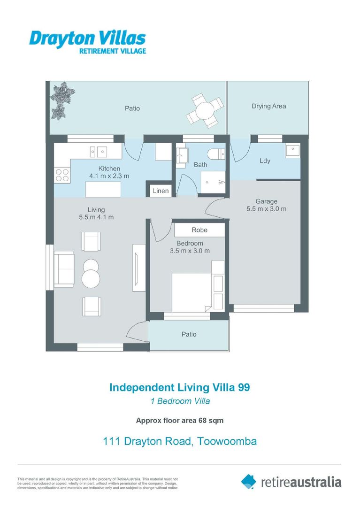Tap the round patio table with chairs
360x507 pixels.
[205, 111]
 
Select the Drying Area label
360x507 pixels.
[268, 106]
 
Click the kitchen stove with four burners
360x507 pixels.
[62, 176]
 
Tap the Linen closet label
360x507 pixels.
[161, 191]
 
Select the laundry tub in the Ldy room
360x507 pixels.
[292, 150]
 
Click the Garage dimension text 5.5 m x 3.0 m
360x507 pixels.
[266, 209]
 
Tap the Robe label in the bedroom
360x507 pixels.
[199, 230]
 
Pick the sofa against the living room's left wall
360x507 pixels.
[64, 269]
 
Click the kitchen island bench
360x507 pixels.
[103, 189]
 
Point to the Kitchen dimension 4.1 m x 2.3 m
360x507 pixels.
[109, 176]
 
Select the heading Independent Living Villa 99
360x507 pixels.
[180, 387]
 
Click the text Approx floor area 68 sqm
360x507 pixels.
[180, 421]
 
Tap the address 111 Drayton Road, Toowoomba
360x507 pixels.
[180, 441]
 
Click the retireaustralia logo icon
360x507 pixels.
[249, 482]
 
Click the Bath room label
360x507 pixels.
[200, 165]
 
